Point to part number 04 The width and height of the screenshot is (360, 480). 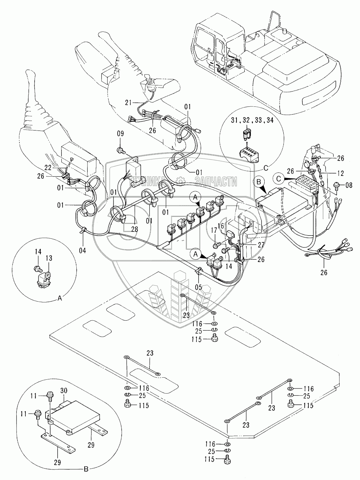[83, 251]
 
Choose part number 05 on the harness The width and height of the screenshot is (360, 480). [198, 287]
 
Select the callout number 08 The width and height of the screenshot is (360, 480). [349, 185]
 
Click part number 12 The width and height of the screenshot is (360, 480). [340, 174]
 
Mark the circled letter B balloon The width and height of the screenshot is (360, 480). [259, 182]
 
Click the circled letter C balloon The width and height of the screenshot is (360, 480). [278, 177]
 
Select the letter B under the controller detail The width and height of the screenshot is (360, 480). [86, 469]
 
